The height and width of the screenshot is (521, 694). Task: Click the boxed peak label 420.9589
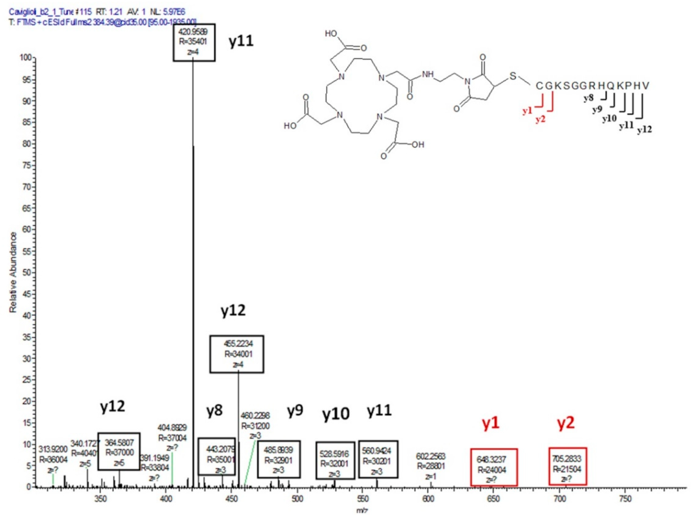[x=194, y=42]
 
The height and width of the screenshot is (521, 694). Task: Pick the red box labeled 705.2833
[x=568, y=466]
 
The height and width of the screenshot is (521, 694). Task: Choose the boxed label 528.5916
[x=335, y=460]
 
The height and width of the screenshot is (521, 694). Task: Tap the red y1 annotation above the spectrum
[x=490, y=423]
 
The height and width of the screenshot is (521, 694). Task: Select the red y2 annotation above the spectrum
[x=566, y=423]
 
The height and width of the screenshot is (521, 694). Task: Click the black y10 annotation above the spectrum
[x=335, y=414]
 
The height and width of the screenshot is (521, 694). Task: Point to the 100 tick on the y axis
[x=26, y=58]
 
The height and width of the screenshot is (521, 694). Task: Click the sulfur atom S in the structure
[x=513, y=76]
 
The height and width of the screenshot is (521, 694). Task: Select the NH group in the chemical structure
[x=428, y=75]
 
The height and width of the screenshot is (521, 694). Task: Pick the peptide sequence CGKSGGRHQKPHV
[x=592, y=86]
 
